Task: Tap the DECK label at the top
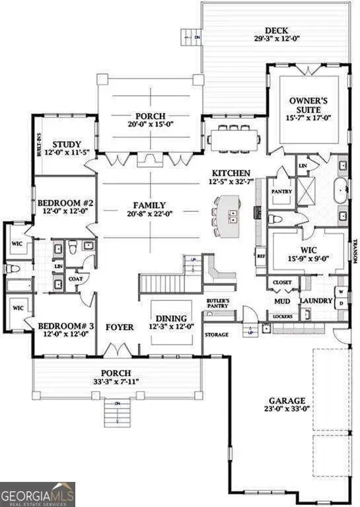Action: click(x=274, y=30)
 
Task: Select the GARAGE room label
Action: click(x=286, y=401)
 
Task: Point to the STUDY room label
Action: click(x=67, y=145)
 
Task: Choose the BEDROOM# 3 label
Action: click(x=64, y=326)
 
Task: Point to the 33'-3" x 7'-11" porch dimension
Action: click(x=115, y=381)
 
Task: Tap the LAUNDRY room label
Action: click(x=315, y=302)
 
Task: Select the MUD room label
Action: click(x=283, y=302)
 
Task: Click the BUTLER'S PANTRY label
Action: click(x=218, y=304)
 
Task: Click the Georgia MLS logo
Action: click(x=38, y=494)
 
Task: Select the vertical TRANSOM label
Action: click(x=354, y=251)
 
